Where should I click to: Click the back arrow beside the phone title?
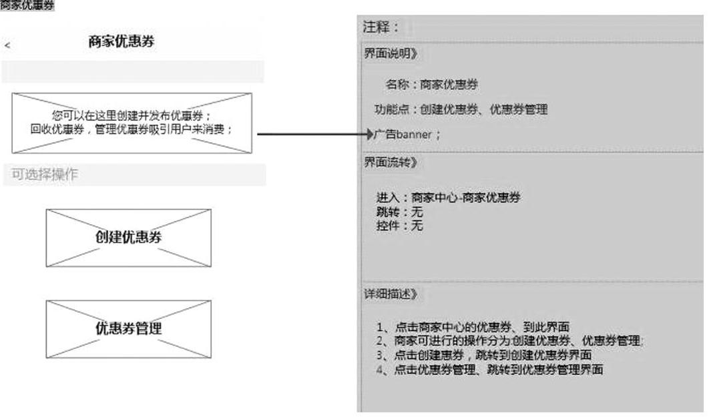pos(7,45)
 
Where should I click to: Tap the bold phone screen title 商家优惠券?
pos(122,41)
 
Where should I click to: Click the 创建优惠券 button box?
pos(129,238)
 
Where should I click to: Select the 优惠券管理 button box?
pos(129,328)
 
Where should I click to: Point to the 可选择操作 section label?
pos(44,175)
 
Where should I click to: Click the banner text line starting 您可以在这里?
pos(132,116)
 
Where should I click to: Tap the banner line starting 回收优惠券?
pos(132,129)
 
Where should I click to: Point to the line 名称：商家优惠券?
pos(431,85)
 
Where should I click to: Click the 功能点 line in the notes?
pos(460,109)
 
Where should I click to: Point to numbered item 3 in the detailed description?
pos(483,355)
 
